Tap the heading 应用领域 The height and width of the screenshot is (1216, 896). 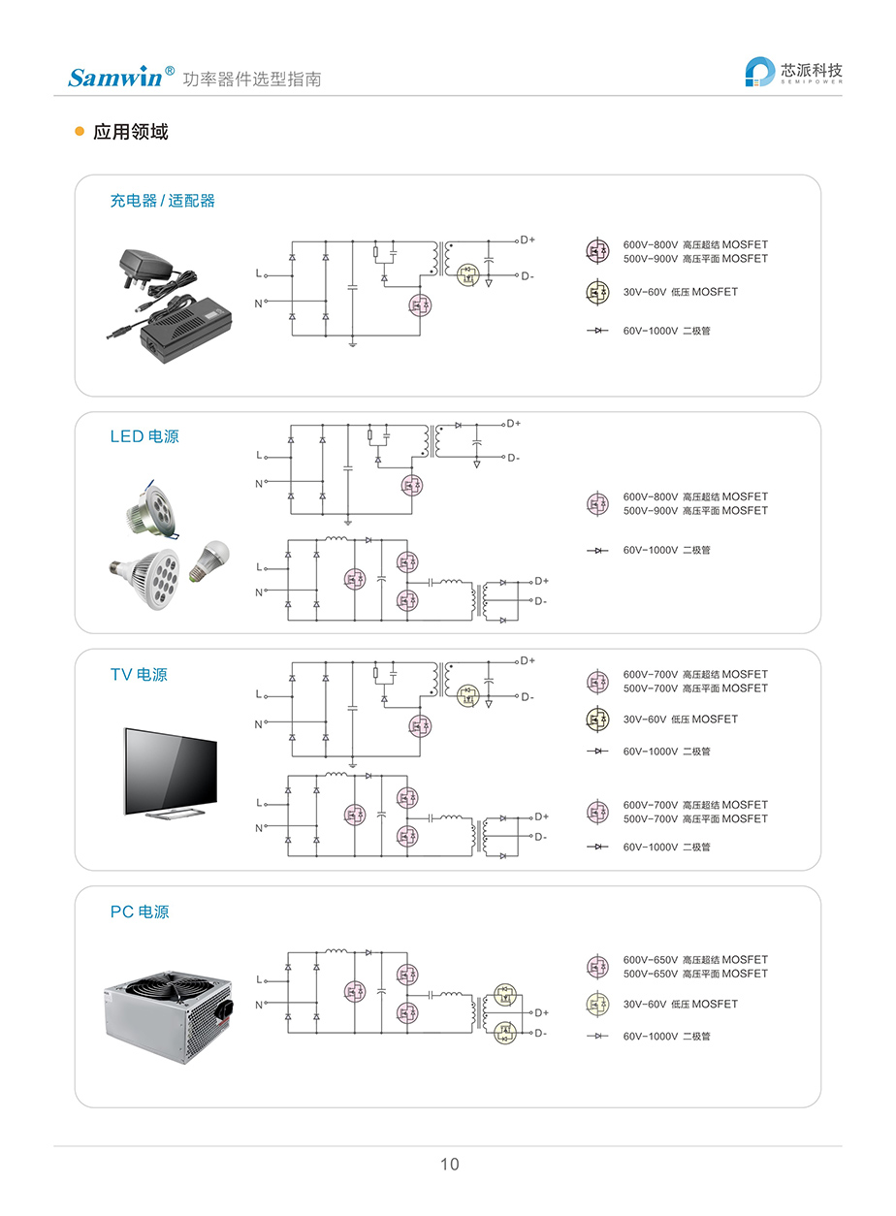point(130,132)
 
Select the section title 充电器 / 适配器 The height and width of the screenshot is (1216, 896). point(162,201)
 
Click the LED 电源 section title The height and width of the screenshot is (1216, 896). point(144,436)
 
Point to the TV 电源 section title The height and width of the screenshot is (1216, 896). point(139,674)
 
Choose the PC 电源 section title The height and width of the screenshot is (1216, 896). point(140,912)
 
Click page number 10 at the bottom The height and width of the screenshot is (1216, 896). point(449,1164)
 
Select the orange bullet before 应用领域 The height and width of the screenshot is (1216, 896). point(80,132)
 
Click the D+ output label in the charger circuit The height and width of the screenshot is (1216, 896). point(528,240)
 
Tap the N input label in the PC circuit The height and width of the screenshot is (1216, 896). point(259,1006)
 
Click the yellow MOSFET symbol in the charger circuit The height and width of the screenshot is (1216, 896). point(469,274)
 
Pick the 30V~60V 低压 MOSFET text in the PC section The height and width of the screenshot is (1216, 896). point(680,1004)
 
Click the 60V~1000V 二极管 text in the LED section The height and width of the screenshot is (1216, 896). point(666,550)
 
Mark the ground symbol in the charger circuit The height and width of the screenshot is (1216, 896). point(353,342)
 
